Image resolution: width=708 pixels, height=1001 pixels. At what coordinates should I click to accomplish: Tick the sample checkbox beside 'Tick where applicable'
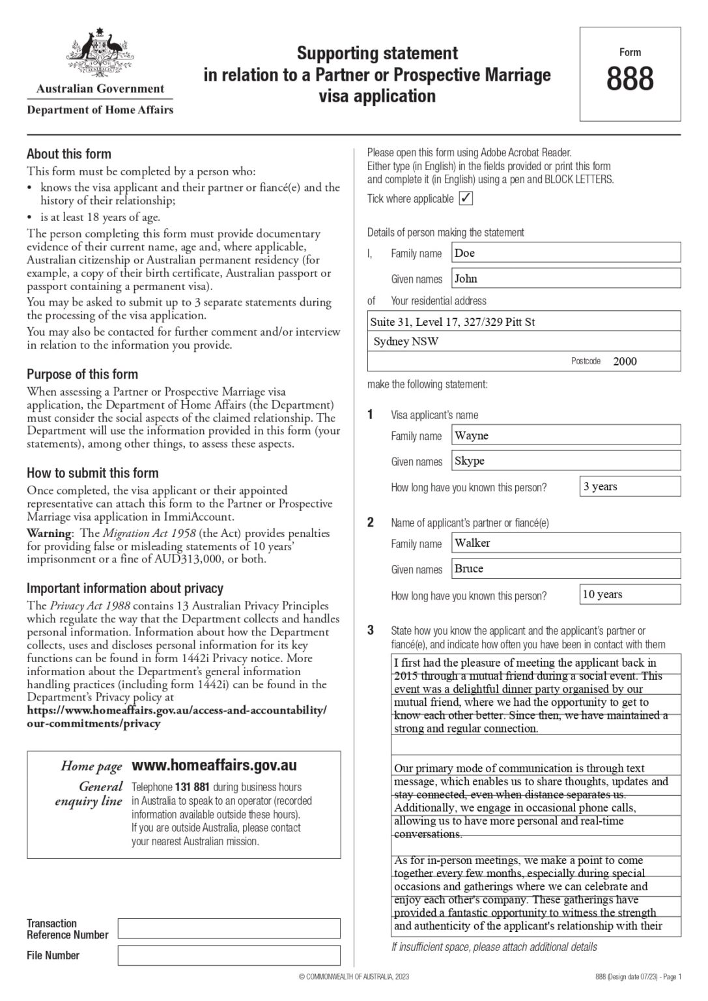pos(466,199)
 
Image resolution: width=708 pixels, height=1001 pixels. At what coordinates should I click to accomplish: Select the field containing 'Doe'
pos(565,253)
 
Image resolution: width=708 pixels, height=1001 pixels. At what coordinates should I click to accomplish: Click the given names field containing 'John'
pos(565,278)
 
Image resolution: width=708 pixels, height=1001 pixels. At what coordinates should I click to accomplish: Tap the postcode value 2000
pos(625,361)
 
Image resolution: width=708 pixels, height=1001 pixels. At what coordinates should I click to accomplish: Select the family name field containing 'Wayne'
pos(565,435)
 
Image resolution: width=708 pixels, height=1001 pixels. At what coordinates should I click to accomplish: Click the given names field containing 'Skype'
pos(565,461)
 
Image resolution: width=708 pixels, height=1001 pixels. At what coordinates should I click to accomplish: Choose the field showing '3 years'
pos(629,486)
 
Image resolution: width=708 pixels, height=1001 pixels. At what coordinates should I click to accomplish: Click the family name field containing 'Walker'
pos(565,543)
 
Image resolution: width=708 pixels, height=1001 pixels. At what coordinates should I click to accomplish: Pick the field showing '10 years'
pos(629,594)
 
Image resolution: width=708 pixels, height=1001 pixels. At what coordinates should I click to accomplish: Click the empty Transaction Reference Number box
pos(229,928)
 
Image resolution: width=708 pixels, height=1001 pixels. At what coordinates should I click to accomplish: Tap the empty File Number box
pos(229,955)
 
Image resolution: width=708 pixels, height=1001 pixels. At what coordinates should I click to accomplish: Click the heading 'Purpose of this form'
pos(82,374)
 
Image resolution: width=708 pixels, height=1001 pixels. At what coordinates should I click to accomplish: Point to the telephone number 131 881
pos(192,787)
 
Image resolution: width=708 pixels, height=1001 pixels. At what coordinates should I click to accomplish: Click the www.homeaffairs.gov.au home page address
pos(214,765)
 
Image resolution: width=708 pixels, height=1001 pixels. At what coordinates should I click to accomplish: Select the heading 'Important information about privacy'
pos(125,588)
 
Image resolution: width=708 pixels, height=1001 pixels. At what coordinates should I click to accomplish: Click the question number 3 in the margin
pos(371,630)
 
